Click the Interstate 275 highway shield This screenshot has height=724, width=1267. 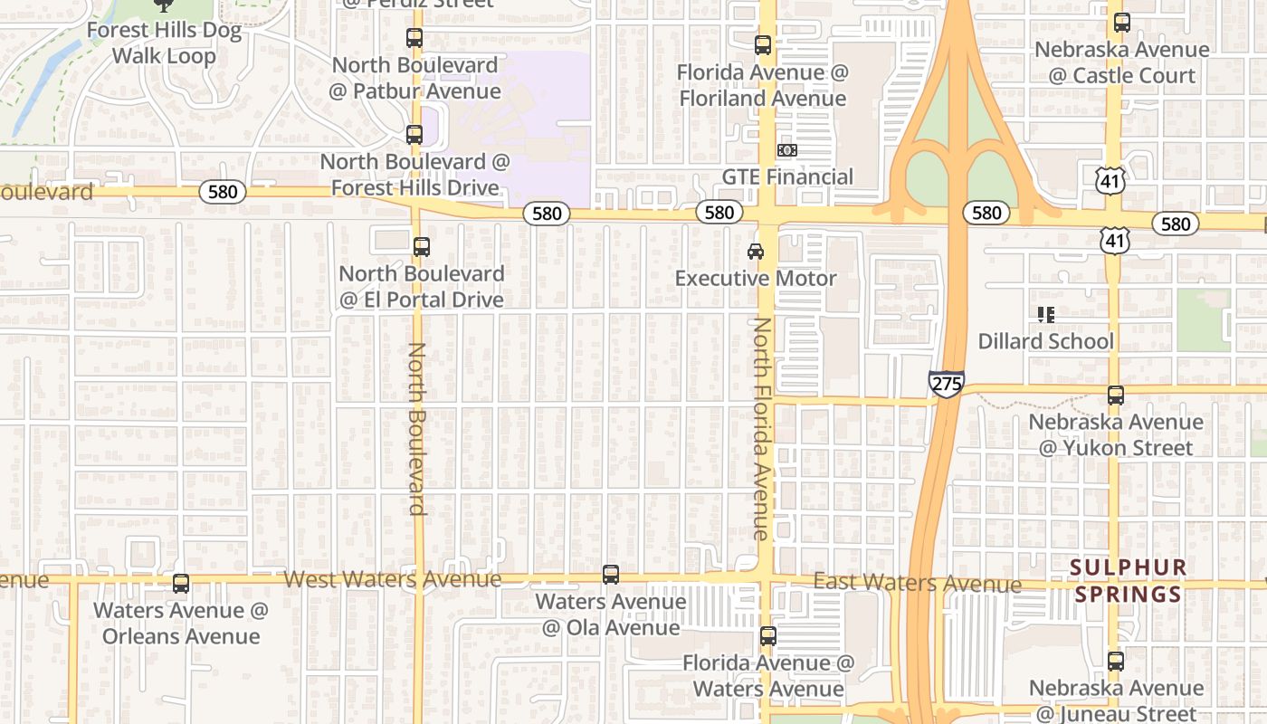click(946, 384)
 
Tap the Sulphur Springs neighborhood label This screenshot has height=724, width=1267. click(1127, 581)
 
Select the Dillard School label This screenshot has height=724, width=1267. click(1045, 341)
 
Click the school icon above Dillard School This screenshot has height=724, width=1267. click(1046, 315)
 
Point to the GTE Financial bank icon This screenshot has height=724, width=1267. click(787, 150)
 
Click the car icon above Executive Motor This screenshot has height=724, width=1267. click(756, 251)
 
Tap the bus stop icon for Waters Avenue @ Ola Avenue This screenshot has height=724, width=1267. click(611, 575)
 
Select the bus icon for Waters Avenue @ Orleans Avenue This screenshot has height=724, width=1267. click(181, 584)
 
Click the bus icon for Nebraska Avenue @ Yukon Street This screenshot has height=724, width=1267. click(1116, 395)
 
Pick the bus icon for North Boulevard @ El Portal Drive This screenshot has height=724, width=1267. click(421, 246)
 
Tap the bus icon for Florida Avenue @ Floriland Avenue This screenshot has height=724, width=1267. click(763, 44)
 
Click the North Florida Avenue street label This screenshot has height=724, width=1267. click(763, 428)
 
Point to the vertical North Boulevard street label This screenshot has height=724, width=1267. click(417, 428)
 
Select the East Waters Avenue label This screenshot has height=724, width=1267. click(917, 583)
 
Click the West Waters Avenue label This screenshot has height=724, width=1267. click(393, 579)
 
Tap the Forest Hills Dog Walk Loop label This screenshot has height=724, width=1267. click(164, 43)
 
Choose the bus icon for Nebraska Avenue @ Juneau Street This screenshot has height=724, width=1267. click(1116, 662)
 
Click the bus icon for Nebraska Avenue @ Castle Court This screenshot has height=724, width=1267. click(1122, 23)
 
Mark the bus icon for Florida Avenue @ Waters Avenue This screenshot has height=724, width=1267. click(768, 636)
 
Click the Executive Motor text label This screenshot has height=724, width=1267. click(756, 278)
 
